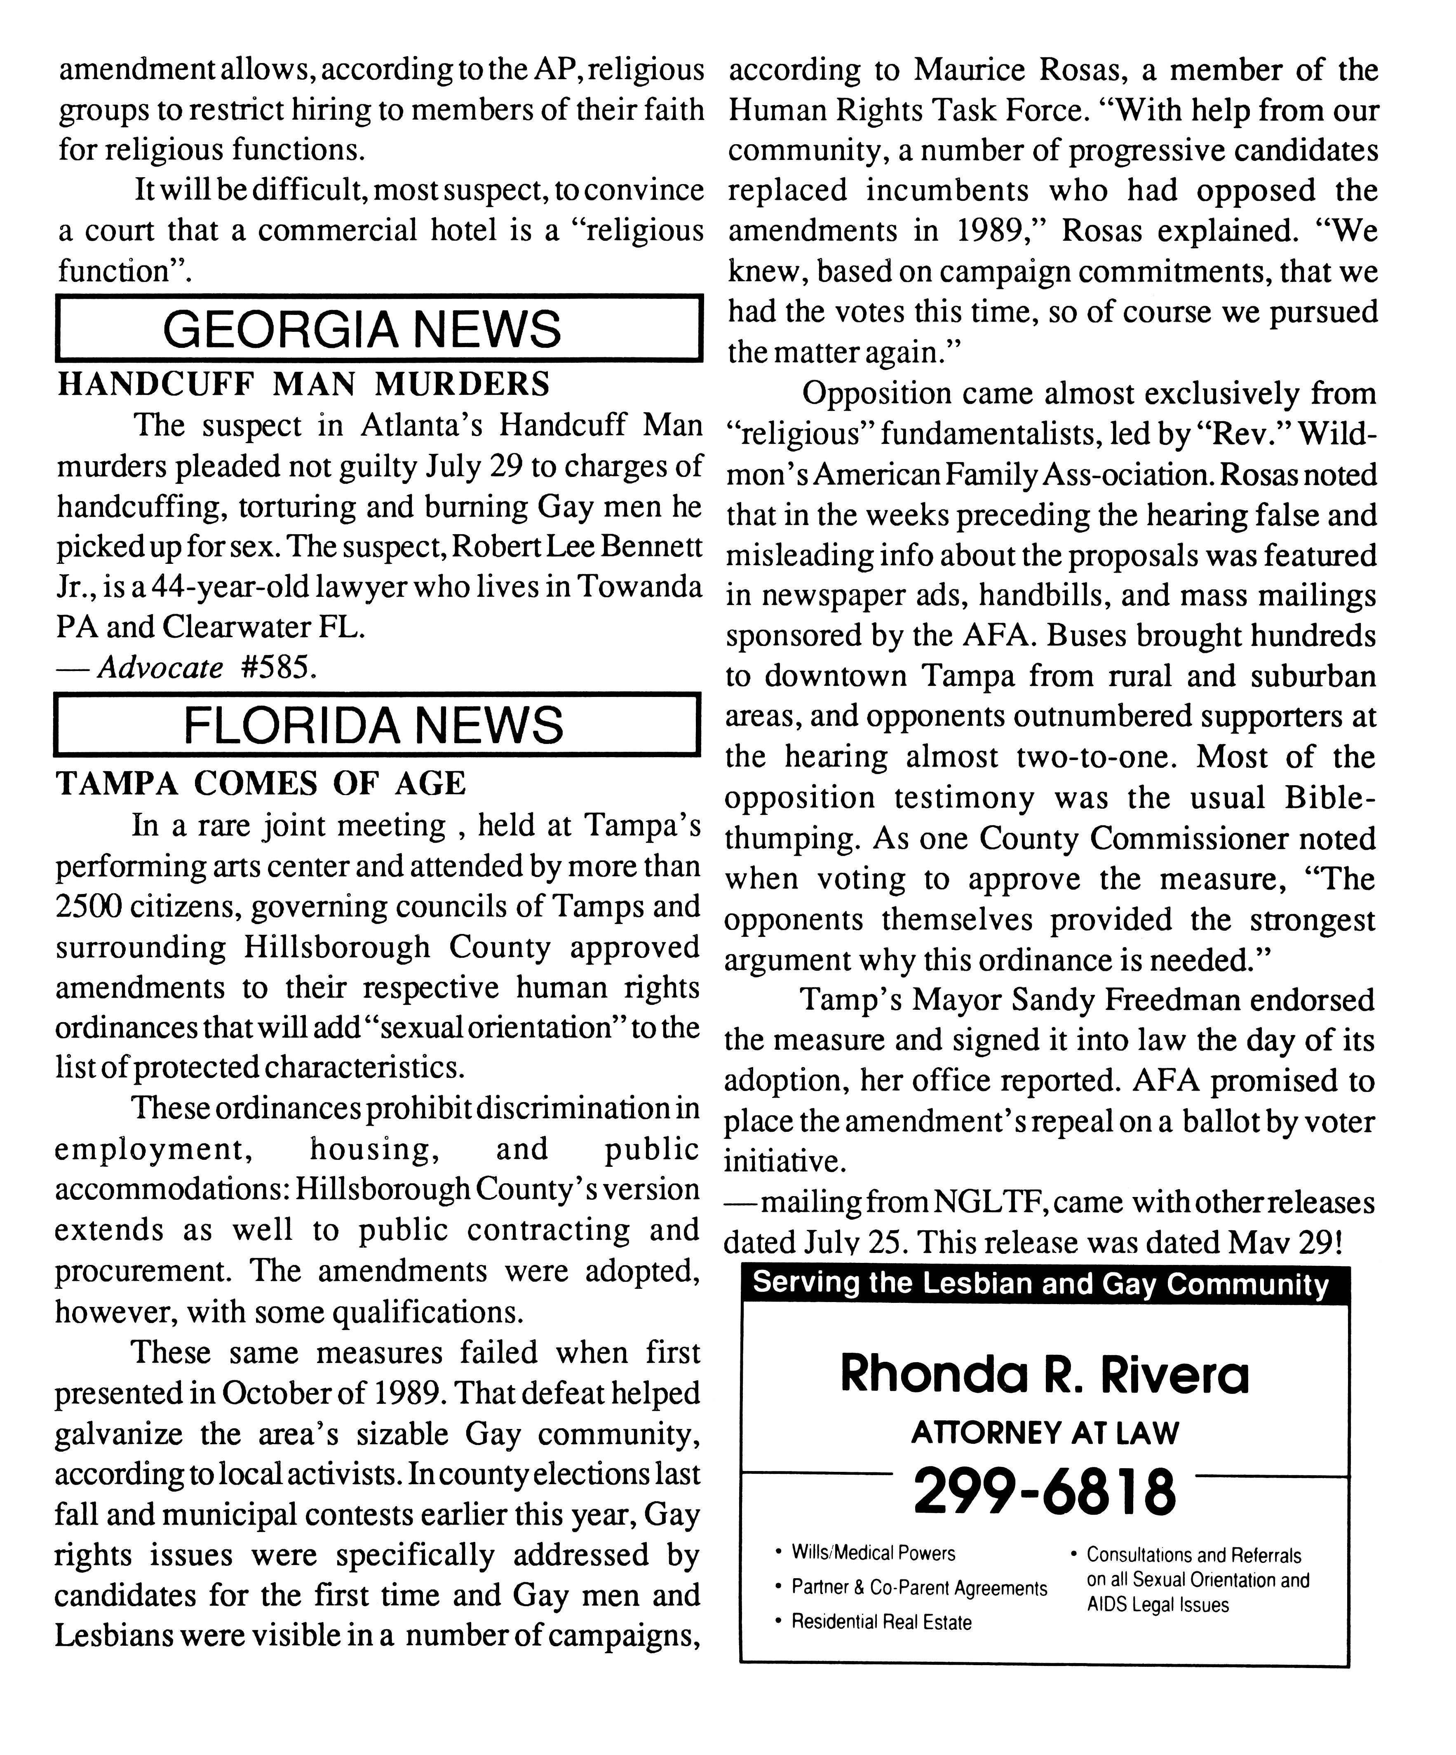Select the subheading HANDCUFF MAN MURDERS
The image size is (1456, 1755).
303,384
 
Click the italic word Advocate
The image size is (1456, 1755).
160,668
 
